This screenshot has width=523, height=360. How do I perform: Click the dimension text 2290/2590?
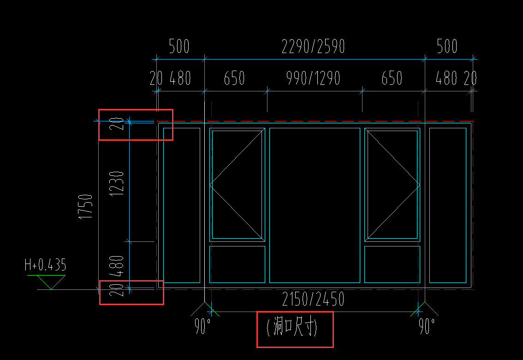click(313, 46)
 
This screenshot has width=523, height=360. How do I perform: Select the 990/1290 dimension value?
click(313, 78)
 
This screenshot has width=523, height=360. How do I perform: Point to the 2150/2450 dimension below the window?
click(313, 299)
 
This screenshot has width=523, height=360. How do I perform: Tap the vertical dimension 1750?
click(85, 207)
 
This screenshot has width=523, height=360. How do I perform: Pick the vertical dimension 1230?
click(117, 184)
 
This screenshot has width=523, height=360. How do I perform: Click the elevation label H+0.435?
click(45, 265)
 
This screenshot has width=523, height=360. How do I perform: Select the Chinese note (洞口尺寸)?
click(292, 327)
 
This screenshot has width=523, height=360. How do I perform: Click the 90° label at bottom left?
click(202, 326)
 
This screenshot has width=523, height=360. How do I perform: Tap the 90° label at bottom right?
click(427, 326)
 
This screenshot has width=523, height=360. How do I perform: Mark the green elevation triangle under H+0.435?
click(51, 282)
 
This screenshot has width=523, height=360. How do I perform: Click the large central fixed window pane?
click(315, 205)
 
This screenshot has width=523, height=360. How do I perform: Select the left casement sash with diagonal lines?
click(237, 185)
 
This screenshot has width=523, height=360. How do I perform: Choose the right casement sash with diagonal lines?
click(392, 185)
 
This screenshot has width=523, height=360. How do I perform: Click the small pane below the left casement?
click(237, 264)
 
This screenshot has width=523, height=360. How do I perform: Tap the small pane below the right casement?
click(392, 264)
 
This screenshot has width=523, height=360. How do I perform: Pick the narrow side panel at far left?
click(181, 205)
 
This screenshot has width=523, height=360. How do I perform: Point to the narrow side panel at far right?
click(448, 205)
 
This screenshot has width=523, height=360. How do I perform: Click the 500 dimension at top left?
click(179, 46)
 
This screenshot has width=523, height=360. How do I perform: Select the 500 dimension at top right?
click(447, 46)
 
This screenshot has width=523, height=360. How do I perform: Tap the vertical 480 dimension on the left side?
click(117, 266)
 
